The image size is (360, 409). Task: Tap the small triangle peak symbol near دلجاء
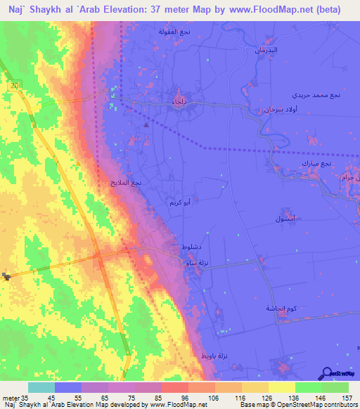click(146, 124)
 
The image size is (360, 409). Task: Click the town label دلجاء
click(179, 103)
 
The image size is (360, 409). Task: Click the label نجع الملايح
click(126, 182)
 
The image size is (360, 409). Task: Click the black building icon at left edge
click(7, 276)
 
